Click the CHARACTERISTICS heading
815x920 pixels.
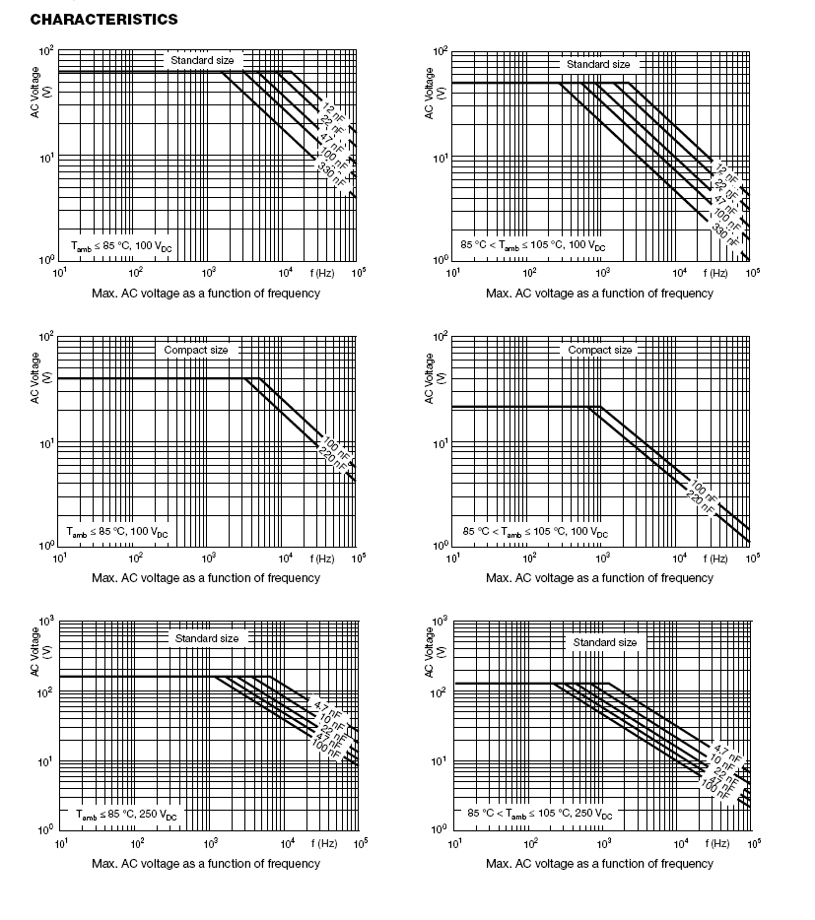click(x=91, y=20)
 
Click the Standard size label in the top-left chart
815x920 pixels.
click(x=202, y=60)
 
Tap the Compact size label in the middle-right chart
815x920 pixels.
click(x=600, y=350)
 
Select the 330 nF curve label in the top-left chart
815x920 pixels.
click(x=332, y=172)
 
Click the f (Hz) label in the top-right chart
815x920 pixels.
click(x=716, y=272)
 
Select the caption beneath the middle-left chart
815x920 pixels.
click(x=205, y=578)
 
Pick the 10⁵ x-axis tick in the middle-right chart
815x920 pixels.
click(x=752, y=559)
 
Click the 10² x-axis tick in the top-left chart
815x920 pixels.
click(x=135, y=273)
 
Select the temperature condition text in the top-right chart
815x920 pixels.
click(x=533, y=243)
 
